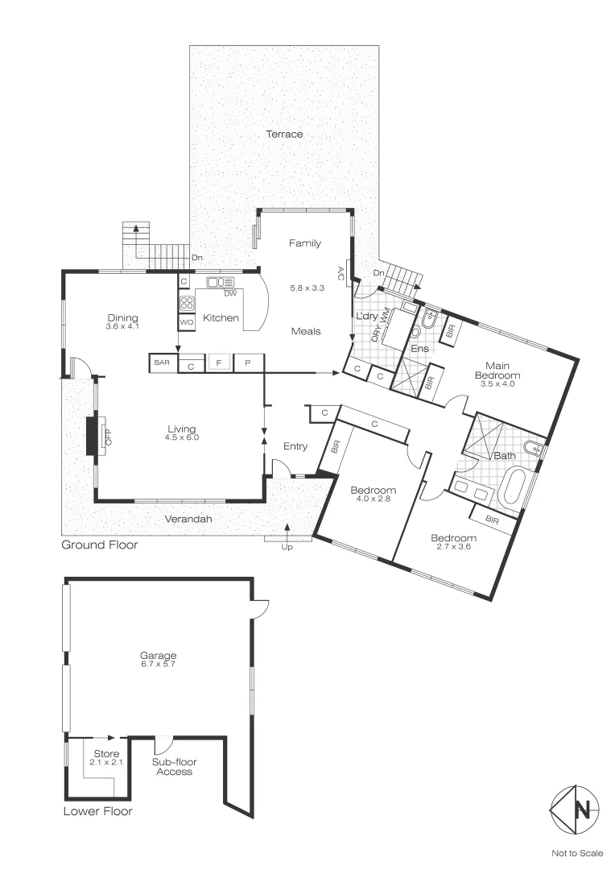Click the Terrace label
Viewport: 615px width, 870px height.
point(284,134)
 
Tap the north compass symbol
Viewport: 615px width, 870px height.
point(575,810)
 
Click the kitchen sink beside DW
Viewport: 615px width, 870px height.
point(220,282)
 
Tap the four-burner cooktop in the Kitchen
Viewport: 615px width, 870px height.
point(186,304)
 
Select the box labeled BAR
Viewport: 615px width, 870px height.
point(162,363)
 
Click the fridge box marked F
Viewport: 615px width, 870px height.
point(219,363)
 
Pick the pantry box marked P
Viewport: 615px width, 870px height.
point(249,363)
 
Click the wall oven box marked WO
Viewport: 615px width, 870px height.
point(186,322)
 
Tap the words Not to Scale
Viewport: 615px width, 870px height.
point(576,852)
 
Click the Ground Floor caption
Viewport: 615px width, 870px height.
point(100,545)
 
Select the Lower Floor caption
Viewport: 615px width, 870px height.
point(97,811)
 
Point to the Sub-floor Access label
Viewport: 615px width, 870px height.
point(175,766)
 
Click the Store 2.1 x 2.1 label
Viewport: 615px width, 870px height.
point(105,758)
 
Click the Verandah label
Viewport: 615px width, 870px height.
point(189,520)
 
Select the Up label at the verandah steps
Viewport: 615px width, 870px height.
point(286,548)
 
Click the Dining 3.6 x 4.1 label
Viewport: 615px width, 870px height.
point(122,322)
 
